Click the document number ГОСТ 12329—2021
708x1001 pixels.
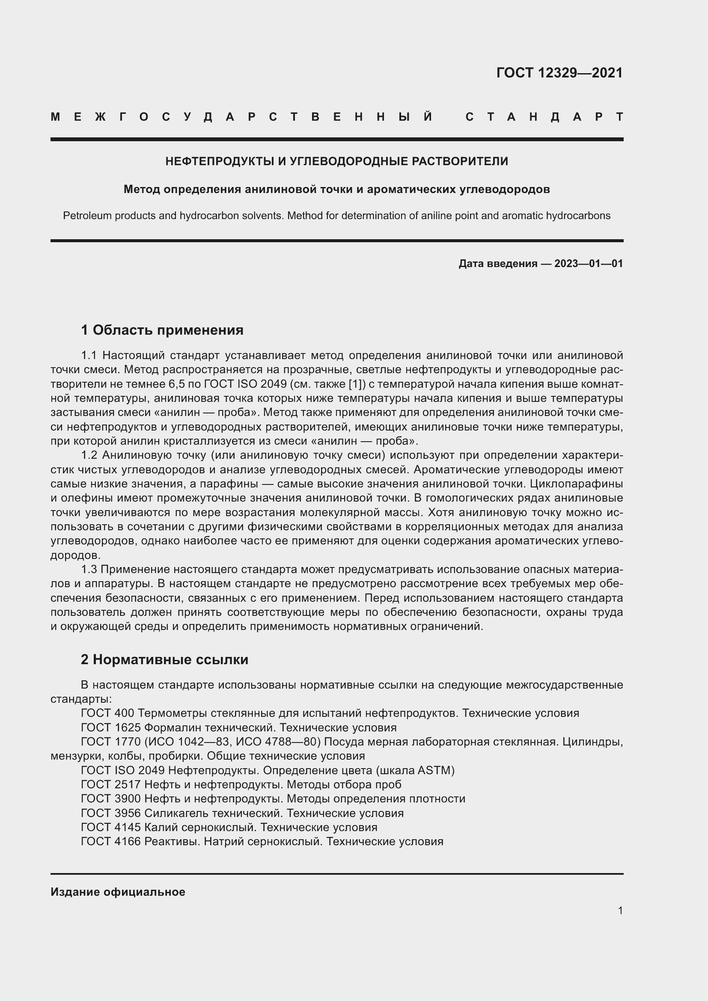coord(559,73)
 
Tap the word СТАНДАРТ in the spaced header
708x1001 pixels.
coord(544,117)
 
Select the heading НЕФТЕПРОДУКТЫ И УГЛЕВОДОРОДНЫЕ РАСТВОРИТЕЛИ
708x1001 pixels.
coord(336,161)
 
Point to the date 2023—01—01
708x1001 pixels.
coord(589,263)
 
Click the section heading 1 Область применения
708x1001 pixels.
coord(162,330)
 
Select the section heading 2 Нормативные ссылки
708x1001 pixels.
coord(164,659)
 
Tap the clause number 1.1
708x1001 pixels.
coord(89,355)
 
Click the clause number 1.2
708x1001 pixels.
coord(89,455)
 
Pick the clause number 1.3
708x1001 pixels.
coord(89,569)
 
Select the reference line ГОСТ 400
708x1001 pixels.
coord(330,713)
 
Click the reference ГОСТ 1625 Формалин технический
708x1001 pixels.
coord(238,728)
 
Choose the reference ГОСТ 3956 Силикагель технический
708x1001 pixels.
coord(242,813)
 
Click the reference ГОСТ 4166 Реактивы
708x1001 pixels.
coord(262,841)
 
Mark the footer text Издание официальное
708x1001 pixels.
coord(118,892)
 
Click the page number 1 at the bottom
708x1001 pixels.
coord(620,910)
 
